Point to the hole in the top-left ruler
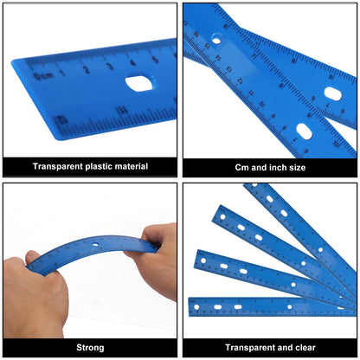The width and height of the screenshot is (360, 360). click(x=138, y=83)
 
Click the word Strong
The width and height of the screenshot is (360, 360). click(x=91, y=347)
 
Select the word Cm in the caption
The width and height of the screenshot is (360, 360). click(x=243, y=166)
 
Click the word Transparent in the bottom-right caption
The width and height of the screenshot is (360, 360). click(x=247, y=347)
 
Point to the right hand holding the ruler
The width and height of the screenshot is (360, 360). click(x=156, y=260)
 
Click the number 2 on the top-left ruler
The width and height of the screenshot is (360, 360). click(x=87, y=69)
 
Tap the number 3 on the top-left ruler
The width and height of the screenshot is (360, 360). click(x=110, y=66)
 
